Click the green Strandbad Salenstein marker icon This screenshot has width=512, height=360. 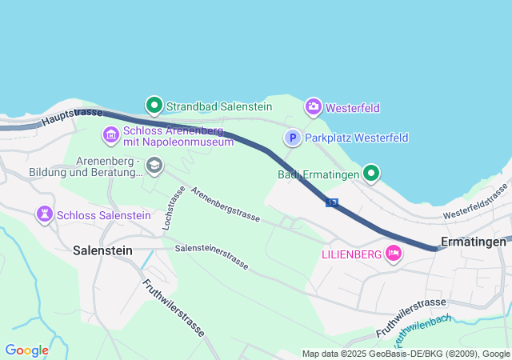coord(154,105)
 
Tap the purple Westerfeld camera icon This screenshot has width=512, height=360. coord(313,106)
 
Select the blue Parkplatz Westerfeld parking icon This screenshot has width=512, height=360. coord(293,138)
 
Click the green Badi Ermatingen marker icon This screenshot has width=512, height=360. coord(371,173)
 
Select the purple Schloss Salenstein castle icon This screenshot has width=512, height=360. coord(43,214)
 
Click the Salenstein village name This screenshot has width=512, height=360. coord(102,250)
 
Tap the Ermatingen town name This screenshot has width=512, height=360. coord(474,242)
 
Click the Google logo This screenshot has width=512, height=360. coord(26,350)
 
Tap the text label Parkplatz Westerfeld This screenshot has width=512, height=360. coord(357,138)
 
